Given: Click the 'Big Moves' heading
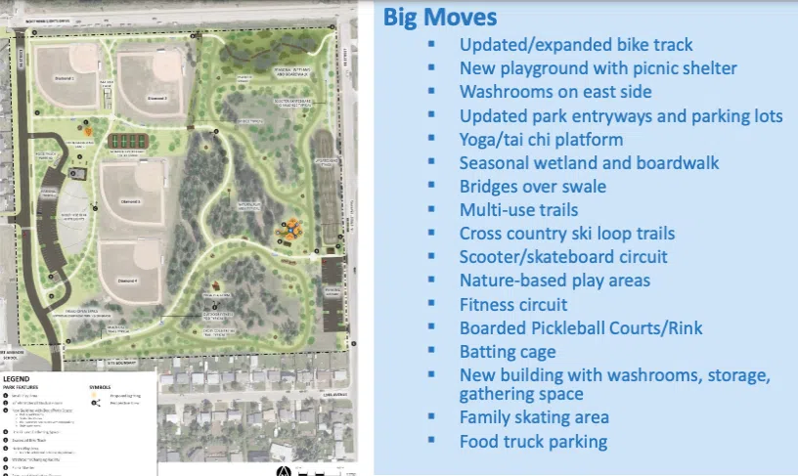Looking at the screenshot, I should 439,17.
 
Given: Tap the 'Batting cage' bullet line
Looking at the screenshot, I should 508,351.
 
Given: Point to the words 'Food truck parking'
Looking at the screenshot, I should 533,441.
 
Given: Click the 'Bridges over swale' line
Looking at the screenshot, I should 532,186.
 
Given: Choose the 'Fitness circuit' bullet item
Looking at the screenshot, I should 513,304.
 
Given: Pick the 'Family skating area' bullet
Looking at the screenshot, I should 534,417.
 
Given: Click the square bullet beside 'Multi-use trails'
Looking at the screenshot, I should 430,210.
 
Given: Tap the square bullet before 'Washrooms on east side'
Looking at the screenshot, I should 430,93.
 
